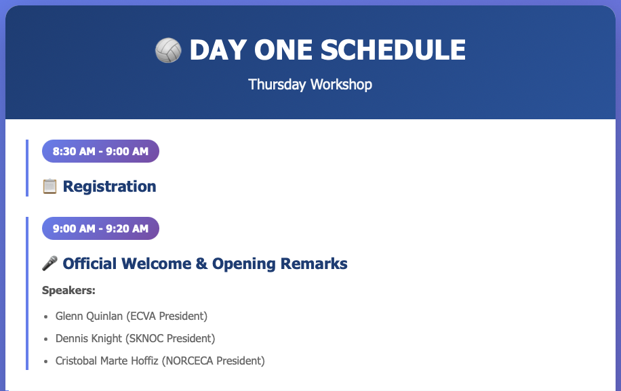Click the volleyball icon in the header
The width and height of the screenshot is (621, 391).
pyautogui.click(x=168, y=50)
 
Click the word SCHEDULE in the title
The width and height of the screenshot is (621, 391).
pyautogui.click(x=393, y=50)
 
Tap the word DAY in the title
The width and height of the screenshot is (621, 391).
pyautogui.click(x=218, y=50)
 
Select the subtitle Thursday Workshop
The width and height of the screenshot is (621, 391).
pyautogui.click(x=310, y=84)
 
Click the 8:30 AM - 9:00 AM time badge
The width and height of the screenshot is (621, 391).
pyautogui.click(x=100, y=151)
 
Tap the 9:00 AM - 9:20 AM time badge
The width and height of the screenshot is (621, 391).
pyautogui.click(x=100, y=228)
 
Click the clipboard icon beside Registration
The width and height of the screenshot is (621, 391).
pyautogui.click(x=49, y=186)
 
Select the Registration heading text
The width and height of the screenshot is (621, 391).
pyautogui.click(x=109, y=186)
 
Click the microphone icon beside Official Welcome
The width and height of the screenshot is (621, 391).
pyautogui.click(x=49, y=264)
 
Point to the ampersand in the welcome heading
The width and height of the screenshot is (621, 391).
pyautogui.click(x=201, y=264)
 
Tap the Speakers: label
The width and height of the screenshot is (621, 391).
pyautogui.click(x=68, y=290)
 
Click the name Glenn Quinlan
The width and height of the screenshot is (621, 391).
pyautogui.click(x=89, y=316)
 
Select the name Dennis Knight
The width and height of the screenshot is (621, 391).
pyautogui.click(x=89, y=338)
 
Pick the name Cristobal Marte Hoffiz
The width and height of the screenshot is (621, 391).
pyautogui.click(x=107, y=361)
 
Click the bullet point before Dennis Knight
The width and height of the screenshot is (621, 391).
pyautogui.click(x=46, y=339)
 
